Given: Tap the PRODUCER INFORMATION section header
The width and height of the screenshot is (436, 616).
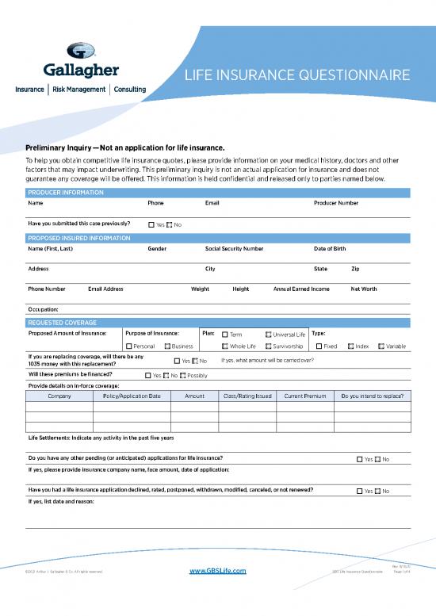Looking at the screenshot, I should (65, 193).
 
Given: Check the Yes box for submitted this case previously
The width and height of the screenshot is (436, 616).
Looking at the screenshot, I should (151, 225).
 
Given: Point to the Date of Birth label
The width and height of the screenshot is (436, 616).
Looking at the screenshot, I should (330, 248).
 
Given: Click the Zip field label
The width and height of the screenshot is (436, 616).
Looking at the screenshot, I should (355, 269).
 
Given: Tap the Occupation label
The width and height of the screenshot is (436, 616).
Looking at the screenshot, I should (43, 308).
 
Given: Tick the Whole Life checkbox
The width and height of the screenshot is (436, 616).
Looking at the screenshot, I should (225, 346).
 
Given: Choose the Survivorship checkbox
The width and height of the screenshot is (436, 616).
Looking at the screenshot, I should (268, 346).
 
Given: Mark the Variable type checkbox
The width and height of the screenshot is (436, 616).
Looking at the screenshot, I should (381, 346).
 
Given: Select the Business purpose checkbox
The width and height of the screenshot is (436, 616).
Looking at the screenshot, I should (167, 346).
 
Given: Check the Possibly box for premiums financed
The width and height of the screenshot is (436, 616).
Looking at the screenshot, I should (183, 376).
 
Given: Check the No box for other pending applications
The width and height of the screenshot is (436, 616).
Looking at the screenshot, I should (377, 460).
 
